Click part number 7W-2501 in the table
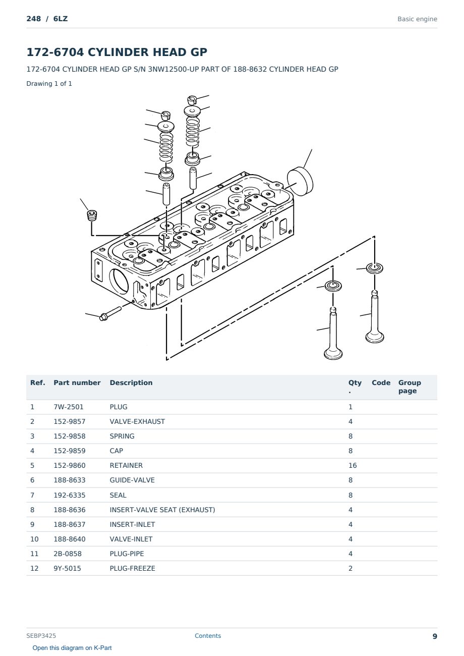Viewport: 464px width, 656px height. (x=68, y=407)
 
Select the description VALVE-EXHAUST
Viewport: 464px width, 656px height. (x=137, y=421)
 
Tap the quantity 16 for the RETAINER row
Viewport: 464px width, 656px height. (x=353, y=465)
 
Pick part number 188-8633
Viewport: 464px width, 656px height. (x=70, y=480)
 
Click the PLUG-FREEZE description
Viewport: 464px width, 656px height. (x=132, y=568)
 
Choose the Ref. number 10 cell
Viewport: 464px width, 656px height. (x=34, y=539)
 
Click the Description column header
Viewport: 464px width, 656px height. (x=131, y=383)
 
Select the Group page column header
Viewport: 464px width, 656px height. (x=410, y=387)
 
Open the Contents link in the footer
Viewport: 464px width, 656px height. (x=208, y=636)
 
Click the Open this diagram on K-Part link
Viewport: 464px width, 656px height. (x=72, y=648)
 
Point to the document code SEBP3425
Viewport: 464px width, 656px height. (x=41, y=636)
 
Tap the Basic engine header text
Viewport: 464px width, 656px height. (x=417, y=19)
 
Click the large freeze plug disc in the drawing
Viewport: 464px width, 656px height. (x=300, y=182)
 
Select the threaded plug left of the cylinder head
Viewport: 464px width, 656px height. (x=92, y=215)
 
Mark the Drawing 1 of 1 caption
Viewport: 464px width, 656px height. (x=49, y=84)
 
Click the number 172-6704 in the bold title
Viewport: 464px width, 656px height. (x=55, y=52)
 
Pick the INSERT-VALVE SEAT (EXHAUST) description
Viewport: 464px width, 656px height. (x=162, y=510)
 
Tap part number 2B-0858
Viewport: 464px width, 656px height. (x=68, y=554)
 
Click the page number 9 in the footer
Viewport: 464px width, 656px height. (x=435, y=636)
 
